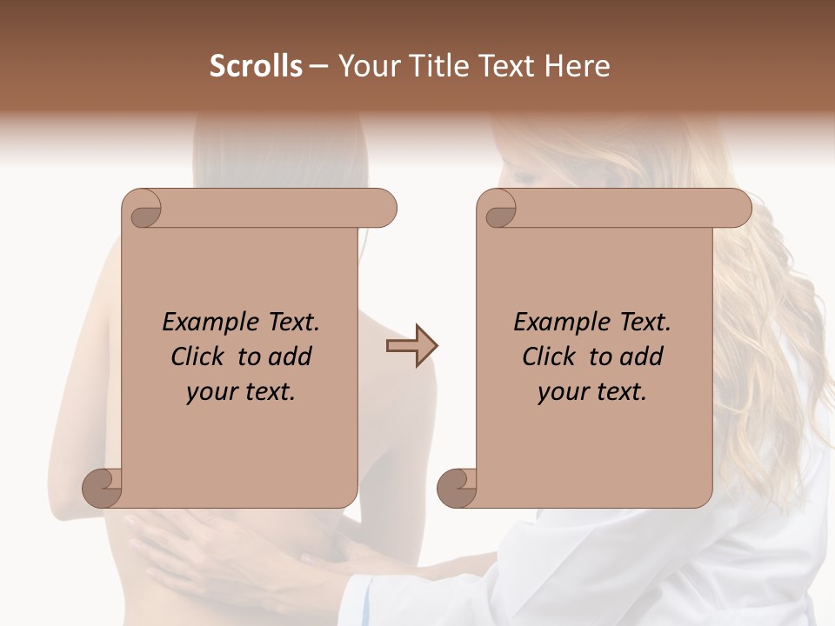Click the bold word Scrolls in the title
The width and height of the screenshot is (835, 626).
tap(257, 66)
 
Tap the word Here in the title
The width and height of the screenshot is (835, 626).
tap(577, 66)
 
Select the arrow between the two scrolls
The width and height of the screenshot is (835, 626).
tap(412, 346)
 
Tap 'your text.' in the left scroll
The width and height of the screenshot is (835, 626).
tap(241, 392)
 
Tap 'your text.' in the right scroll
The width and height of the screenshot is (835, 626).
tap(592, 392)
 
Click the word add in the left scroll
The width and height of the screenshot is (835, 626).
tap(291, 356)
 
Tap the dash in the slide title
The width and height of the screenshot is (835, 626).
tap(319, 66)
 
